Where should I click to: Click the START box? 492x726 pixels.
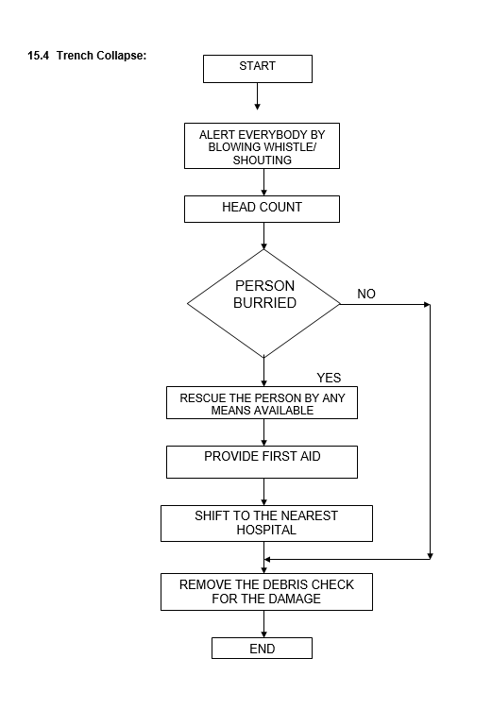tap(258, 69)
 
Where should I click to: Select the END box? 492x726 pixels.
tap(262, 648)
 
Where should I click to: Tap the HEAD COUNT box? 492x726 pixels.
tap(262, 209)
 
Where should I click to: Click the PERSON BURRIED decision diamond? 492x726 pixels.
tap(263, 304)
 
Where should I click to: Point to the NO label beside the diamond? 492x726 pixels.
tap(366, 294)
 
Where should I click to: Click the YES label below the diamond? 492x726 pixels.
tap(329, 378)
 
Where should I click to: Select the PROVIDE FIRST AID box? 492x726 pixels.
tap(262, 462)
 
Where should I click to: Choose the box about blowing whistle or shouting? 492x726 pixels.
tap(262, 145)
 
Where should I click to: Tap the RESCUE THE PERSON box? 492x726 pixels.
tap(262, 402)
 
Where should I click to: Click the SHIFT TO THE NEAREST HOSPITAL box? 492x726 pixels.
tap(266, 523)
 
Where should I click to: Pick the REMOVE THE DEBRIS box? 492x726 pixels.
tap(266, 592)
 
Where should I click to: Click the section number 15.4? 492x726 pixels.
tap(38, 56)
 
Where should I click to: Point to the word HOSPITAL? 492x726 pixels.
tap(266, 530)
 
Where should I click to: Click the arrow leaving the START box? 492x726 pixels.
tap(258, 96)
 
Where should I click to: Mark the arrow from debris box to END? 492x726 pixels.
tap(264, 624)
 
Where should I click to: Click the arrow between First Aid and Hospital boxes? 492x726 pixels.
tap(264, 492)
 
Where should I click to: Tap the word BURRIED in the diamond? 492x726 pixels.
tap(264, 303)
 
